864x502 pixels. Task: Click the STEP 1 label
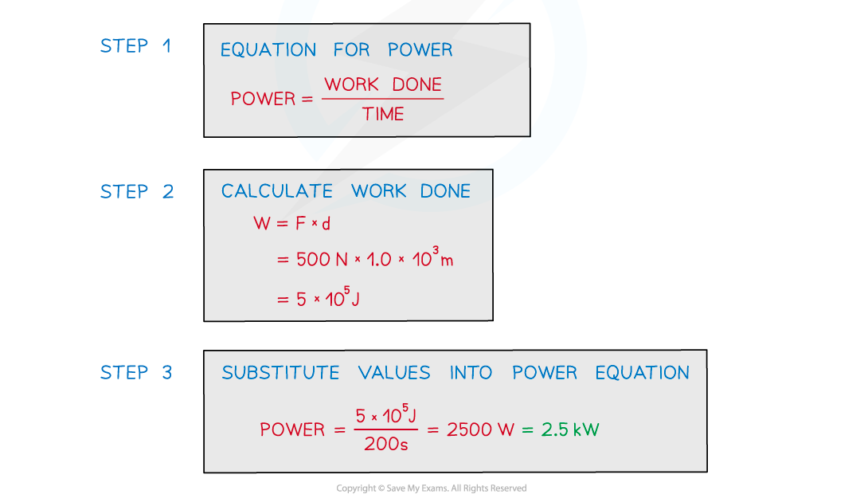pos(135,45)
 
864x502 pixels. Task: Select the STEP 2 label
pos(137,191)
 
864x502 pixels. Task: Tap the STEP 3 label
pos(136,372)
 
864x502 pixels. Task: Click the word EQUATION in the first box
pos(268,50)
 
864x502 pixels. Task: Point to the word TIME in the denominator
pos(383,114)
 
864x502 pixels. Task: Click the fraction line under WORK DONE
pos(382,99)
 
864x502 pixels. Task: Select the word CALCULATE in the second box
pos(276,191)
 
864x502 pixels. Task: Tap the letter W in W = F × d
pos(262,223)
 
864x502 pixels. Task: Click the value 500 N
pos(322,259)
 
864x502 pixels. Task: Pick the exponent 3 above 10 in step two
pos(436,250)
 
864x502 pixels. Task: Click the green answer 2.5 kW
pos(569,429)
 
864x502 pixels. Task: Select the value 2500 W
pos(480,429)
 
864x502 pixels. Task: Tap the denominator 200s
pos(385,444)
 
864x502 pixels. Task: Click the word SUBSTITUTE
pos(280,373)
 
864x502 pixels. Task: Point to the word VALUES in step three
pos(394,373)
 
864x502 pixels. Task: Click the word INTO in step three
pos(471,373)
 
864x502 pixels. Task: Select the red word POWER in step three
pos(292,429)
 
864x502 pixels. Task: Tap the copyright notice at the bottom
pos(432,488)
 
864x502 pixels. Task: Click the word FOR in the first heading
pos(351,50)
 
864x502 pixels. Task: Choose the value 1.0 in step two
pos(378,259)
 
